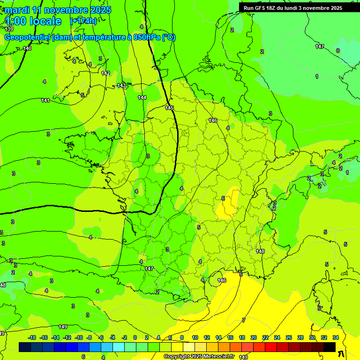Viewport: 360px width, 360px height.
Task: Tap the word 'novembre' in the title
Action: [x=67, y=10]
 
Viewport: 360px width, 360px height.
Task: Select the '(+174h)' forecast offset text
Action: [x=83, y=21]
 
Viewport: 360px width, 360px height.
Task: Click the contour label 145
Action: [x=169, y=108]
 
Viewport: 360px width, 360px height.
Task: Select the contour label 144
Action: [x=142, y=97]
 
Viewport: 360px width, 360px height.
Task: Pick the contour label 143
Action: [x=121, y=85]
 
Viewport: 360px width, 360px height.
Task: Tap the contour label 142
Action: [x=105, y=73]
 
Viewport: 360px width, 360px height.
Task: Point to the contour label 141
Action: [x=45, y=100]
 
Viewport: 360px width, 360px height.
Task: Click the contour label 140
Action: [x=27, y=48]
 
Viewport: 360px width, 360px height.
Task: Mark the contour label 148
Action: [x=260, y=251]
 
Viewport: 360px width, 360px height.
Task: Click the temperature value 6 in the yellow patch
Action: [x=223, y=198]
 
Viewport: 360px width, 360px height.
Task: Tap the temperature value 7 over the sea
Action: [x=243, y=320]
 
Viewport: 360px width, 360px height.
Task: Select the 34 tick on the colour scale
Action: [x=336, y=337]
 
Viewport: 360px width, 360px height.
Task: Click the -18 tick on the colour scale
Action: [x=31, y=337]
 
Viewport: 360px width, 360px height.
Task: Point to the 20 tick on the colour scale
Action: [x=253, y=337]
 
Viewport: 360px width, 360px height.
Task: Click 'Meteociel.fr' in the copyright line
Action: [x=218, y=357]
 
